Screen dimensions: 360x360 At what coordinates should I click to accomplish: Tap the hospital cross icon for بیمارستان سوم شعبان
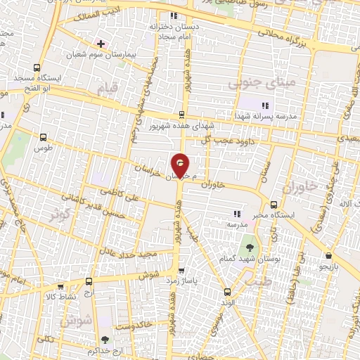(x=101, y=43)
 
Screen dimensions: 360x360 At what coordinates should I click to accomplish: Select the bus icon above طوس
(x=44, y=138)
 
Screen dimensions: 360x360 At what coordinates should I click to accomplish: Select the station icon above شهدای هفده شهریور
(x=181, y=115)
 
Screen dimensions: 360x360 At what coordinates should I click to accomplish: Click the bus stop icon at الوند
(x=227, y=291)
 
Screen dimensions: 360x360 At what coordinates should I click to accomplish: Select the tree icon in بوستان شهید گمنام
(x=249, y=247)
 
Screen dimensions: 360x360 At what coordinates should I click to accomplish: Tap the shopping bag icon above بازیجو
(x=328, y=256)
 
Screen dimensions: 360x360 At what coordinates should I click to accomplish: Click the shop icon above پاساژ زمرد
(x=181, y=269)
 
